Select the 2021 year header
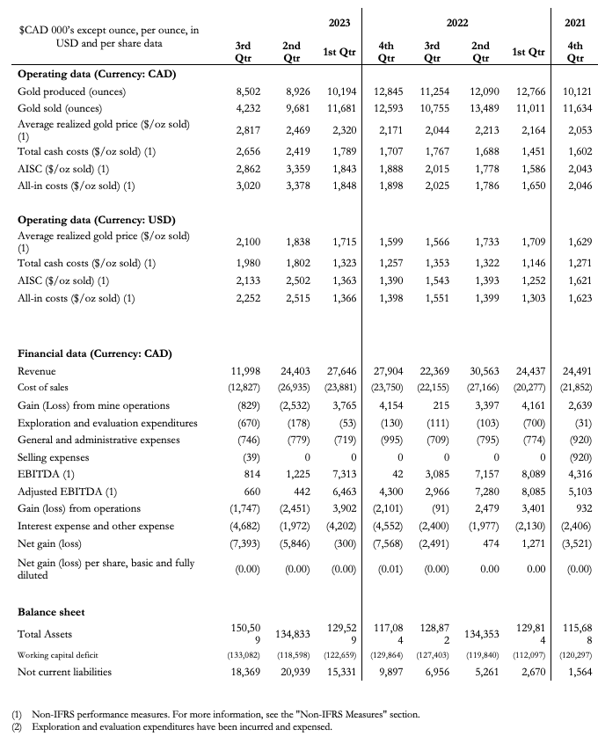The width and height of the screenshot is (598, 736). point(577,22)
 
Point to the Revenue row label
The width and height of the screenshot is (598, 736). point(37,372)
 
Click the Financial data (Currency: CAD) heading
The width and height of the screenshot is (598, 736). point(94,353)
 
